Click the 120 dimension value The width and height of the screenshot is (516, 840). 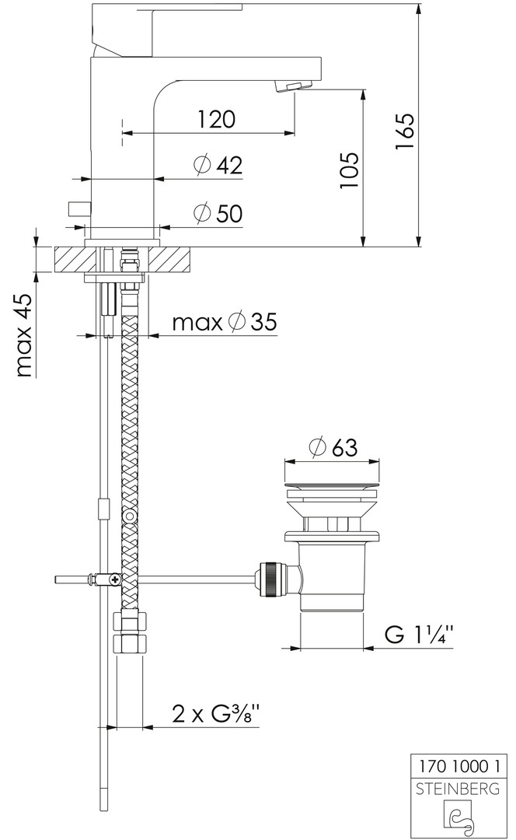click(x=216, y=119)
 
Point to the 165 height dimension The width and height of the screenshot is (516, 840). click(x=405, y=131)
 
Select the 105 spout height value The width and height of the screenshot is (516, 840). click(x=349, y=170)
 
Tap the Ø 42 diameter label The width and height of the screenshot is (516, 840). click(x=218, y=165)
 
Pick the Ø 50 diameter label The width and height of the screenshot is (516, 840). click(x=218, y=213)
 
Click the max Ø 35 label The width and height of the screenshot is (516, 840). click(x=225, y=322)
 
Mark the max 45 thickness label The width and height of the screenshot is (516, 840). click(x=24, y=334)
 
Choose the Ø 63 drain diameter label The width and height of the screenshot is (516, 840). click(x=333, y=447)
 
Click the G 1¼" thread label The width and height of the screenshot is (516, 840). click(x=420, y=635)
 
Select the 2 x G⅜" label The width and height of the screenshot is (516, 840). click(x=216, y=714)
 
